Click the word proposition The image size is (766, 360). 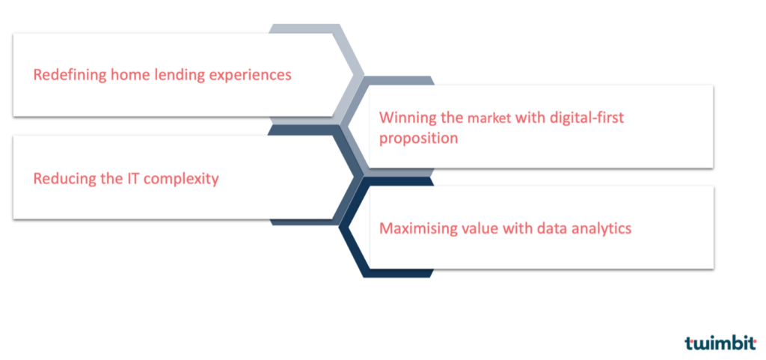[x=419, y=138]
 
